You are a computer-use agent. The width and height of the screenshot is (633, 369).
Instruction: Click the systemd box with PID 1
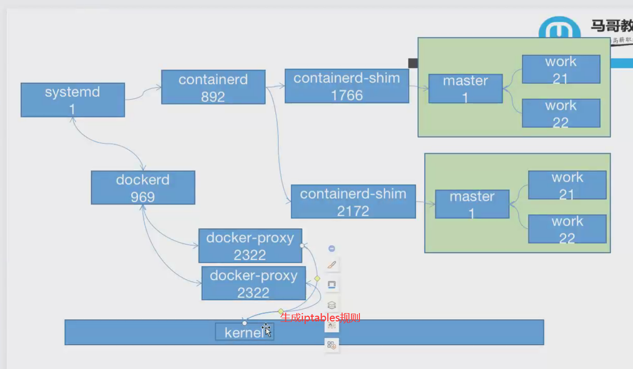click(x=72, y=100)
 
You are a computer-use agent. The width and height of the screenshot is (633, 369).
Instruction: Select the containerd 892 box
click(x=213, y=87)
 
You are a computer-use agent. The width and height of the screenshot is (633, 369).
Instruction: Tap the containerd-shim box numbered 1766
click(x=346, y=86)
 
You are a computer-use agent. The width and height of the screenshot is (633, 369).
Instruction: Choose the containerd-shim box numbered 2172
click(x=353, y=201)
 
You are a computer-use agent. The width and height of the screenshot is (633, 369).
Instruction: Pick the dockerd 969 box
click(x=143, y=187)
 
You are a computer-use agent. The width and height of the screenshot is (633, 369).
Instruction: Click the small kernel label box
click(x=244, y=332)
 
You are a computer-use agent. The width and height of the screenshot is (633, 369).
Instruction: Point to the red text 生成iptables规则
click(x=320, y=317)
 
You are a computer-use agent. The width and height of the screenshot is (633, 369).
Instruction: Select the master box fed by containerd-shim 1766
click(x=465, y=88)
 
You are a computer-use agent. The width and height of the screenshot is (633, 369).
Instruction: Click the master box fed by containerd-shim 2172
click(x=472, y=204)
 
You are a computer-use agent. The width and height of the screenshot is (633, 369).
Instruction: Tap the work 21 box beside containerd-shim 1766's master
click(x=561, y=69)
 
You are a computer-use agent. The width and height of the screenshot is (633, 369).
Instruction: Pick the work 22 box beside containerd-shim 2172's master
click(x=567, y=229)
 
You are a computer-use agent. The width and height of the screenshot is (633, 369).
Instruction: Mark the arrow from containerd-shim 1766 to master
click(x=418, y=87)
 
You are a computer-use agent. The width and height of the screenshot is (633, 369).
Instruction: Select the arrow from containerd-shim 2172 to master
click(x=425, y=203)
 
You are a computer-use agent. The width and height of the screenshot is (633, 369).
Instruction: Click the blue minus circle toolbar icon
click(x=332, y=248)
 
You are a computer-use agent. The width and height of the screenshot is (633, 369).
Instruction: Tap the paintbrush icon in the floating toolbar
click(x=332, y=265)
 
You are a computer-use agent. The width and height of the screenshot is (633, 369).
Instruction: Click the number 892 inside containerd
click(x=213, y=97)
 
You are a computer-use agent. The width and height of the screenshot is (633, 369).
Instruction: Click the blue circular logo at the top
click(x=559, y=28)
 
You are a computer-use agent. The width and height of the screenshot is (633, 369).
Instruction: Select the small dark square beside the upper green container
click(x=413, y=63)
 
